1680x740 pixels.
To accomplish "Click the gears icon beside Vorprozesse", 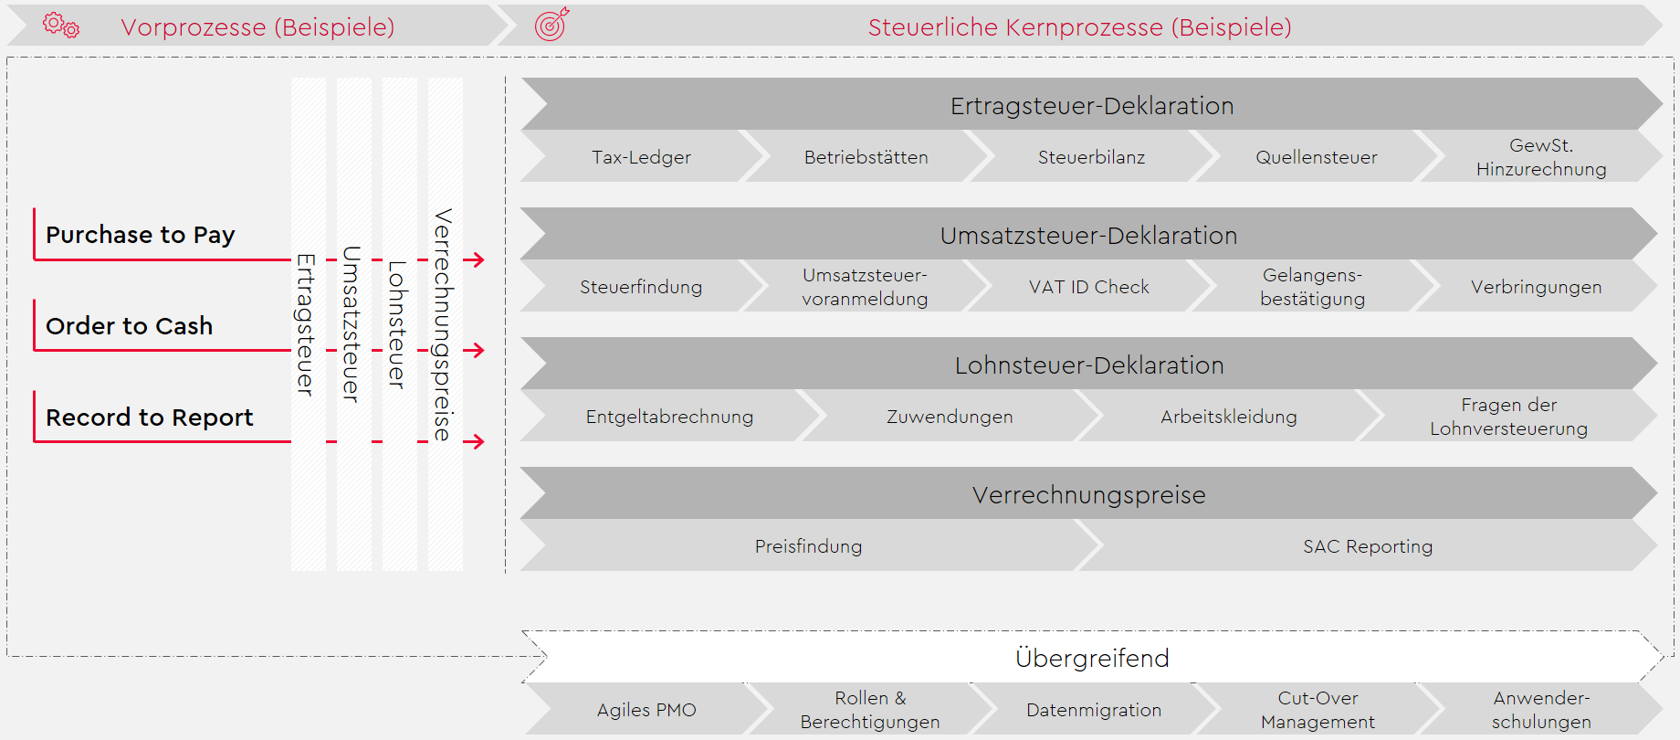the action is click(61, 25).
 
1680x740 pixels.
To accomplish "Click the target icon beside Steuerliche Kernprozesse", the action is click(551, 24).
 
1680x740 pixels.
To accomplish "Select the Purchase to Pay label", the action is click(141, 235).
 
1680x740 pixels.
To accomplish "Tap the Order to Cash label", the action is click(129, 326).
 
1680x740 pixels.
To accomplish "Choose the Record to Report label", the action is click(149, 418).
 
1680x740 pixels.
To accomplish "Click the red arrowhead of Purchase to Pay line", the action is click(476, 259).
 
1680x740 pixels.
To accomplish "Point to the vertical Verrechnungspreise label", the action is click(444, 325).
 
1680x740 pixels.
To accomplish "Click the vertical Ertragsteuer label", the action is click(307, 325).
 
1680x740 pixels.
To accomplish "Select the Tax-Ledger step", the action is click(641, 156).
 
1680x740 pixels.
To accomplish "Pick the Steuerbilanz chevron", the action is click(1091, 156).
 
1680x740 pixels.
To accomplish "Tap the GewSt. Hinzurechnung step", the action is click(1541, 156).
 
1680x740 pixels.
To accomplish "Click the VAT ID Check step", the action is click(1089, 286).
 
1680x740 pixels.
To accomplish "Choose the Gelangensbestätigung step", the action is click(1313, 286).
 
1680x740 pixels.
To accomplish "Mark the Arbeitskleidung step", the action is click(1229, 416).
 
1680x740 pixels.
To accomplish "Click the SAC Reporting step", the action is click(1368, 545).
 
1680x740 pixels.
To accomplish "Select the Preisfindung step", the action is click(809, 545).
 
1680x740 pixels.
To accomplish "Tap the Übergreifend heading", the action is click(1092, 658).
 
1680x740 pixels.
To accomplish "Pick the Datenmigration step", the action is click(1094, 709).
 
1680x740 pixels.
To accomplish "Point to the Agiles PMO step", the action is click(646, 709).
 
